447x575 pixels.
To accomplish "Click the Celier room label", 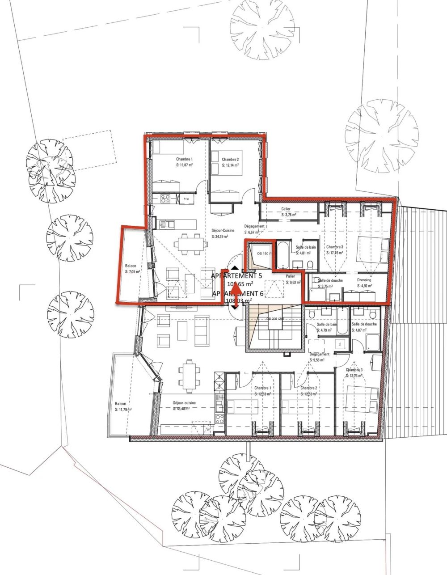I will (x=286, y=209).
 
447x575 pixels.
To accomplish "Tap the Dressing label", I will (x=364, y=280).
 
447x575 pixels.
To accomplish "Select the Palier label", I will (x=291, y=276).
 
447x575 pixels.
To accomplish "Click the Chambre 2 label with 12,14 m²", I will (x=230, y=159).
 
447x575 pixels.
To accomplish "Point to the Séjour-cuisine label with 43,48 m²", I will (x=184, y=402).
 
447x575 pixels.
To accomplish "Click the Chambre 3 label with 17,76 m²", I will (x=335, y=247).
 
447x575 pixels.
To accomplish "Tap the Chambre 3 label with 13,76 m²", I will (x=354, y=370).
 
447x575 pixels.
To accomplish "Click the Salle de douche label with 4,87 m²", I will (x=364, y=324).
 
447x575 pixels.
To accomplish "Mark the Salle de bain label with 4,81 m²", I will (x=306, y=247).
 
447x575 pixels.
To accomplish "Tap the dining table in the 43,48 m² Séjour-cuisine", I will (x=188, y=375).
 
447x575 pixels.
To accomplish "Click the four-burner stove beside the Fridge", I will (x=164, y=199).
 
